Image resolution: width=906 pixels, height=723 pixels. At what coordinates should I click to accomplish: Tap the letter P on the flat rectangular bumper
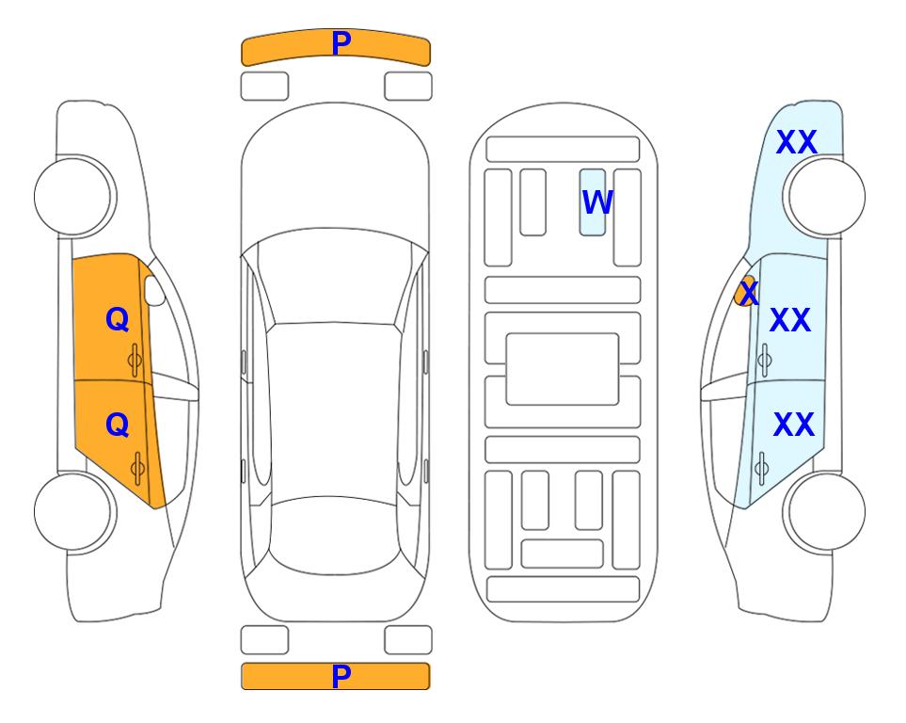click(342, 676)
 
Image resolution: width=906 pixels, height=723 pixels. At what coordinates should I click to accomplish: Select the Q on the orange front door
click(118, 319)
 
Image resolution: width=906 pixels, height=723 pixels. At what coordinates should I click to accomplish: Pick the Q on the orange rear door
click(118, 425)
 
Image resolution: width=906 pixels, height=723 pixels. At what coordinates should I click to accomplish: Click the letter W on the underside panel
click(597, 202)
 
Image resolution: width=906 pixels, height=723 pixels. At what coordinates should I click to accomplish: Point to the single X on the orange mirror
click(749, 292)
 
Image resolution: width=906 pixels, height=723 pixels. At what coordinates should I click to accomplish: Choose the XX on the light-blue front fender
click(797, 142)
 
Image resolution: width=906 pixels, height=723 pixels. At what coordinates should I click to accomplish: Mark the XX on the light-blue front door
click(790, 320)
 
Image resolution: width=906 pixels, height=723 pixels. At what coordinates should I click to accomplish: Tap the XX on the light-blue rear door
click(794, 425)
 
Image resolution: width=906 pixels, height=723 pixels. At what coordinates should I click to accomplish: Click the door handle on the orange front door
click(135, 361)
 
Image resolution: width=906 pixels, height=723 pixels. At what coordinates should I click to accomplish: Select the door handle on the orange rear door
click(137, 468)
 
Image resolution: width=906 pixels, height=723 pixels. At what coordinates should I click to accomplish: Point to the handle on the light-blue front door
click(765, 361)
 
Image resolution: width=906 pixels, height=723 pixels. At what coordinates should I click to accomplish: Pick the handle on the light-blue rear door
click(762, 468)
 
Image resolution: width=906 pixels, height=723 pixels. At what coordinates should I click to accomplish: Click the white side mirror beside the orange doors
click(154, 290)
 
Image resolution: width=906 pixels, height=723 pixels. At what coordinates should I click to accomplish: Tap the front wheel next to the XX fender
click(824, 197)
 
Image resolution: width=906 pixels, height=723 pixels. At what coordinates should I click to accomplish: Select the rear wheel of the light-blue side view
click(824, 511)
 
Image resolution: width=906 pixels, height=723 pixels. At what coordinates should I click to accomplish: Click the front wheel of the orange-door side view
click(75, 197)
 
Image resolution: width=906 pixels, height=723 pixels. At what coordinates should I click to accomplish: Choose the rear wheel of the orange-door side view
click(75, 511)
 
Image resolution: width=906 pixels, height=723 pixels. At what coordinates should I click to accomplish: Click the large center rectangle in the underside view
click(563, 369)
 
